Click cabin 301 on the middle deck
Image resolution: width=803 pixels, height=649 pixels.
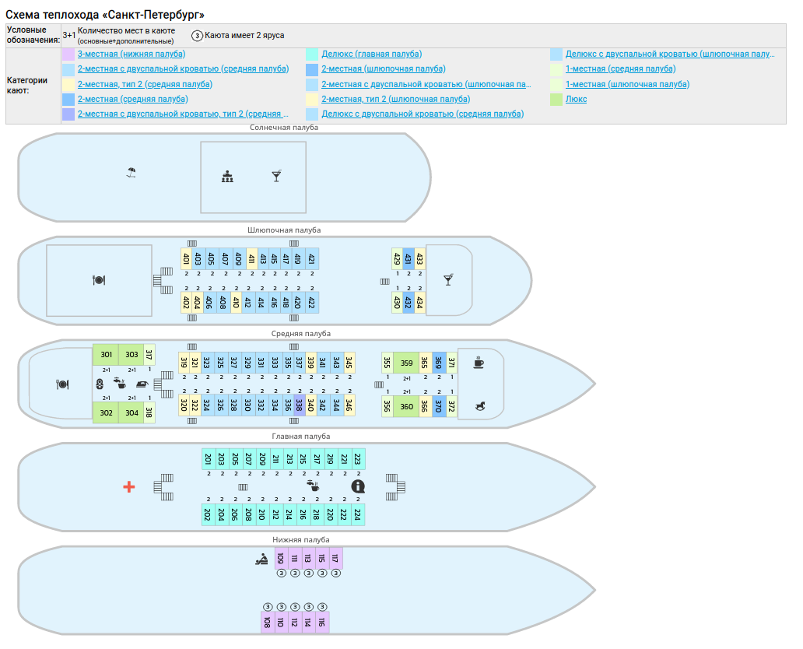107,355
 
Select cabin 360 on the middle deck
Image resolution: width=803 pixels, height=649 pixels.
406,406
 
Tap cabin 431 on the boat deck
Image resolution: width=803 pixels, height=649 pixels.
408,259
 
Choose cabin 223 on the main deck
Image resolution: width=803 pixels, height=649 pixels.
357,459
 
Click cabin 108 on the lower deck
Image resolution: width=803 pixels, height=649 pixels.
267,622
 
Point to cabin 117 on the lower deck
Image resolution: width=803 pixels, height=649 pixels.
335,558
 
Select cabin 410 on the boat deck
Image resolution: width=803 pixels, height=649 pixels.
237,303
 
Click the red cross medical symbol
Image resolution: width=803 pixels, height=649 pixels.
129,486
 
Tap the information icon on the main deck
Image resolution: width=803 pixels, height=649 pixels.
358,486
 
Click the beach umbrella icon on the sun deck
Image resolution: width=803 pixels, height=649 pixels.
131,173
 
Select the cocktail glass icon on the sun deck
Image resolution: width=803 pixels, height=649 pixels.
276,177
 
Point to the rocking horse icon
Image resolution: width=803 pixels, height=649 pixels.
479,406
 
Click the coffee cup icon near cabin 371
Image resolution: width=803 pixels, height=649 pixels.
479,362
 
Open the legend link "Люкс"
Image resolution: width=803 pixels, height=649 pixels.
576,99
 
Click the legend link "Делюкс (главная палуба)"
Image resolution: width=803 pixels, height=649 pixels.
371,54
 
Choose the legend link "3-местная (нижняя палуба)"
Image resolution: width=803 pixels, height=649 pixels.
131,54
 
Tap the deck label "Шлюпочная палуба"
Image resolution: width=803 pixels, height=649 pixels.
284,230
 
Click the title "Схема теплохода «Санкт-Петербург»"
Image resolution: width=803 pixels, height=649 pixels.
105,15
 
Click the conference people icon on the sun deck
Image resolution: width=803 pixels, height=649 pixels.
227,177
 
